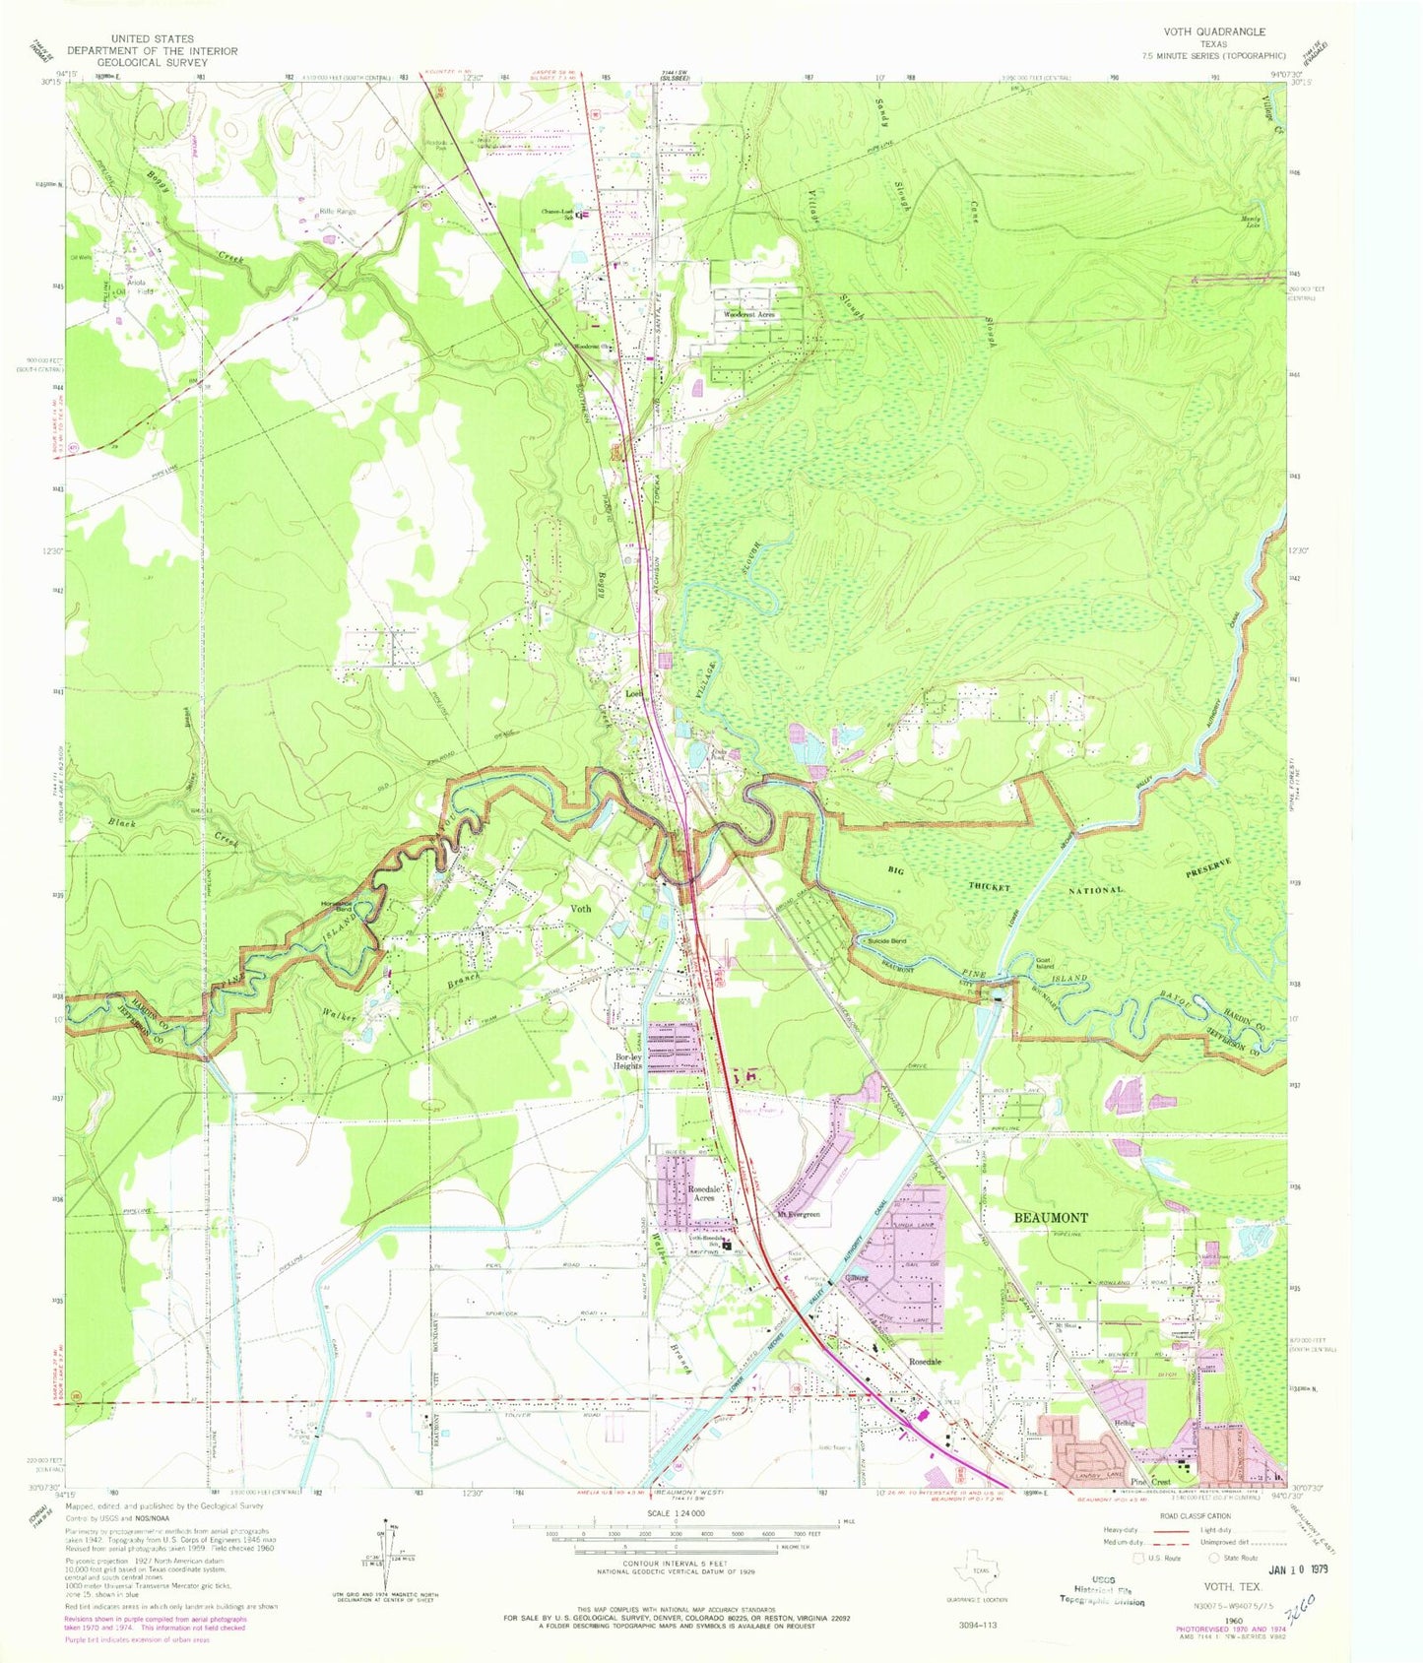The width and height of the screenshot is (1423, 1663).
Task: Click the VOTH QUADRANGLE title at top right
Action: coord(1214,32)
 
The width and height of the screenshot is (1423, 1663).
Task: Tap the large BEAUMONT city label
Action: coord(1051,1217)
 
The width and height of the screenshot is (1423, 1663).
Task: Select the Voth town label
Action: coord(581,908)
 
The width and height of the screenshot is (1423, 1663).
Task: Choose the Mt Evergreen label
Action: coord(798,1214)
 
